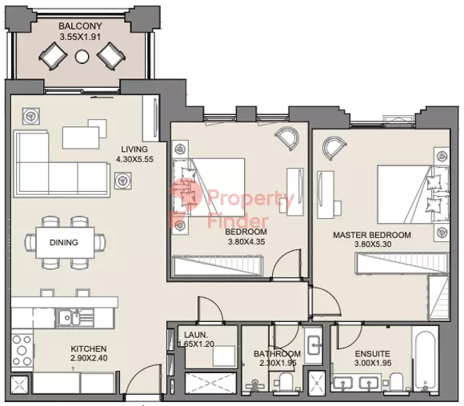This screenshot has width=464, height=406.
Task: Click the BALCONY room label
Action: [x=80, y=26]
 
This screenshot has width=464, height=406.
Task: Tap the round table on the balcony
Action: [x=82, y=57]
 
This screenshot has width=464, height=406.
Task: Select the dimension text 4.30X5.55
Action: [x=134, y=159]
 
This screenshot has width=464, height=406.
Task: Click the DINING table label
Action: [x=64, y=242]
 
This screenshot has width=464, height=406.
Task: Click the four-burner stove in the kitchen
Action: [x=22, y=351]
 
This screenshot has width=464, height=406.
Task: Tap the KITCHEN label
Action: [x=89, y=349]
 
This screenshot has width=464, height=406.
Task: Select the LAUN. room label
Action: [x=196, y=335]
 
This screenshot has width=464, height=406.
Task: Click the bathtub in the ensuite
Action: [x=426, y=360]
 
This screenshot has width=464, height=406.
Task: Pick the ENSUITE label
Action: [x=373, y=354]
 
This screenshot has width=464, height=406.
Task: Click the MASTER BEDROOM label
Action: [x=372, y=235]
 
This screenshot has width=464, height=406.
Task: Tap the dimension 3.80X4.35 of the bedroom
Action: [x=246, y=242]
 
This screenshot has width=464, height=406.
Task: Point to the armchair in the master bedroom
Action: [x=334, y=148]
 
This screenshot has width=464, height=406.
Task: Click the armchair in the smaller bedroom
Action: [x=286, y=138]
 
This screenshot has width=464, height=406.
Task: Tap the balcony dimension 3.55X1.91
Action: [x=80, y=37]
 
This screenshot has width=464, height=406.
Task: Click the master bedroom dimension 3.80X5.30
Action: [x=373, y=245]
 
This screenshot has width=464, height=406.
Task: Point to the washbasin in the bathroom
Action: [x=314, y=344]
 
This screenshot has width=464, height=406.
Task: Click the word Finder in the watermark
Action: [x=238, y=221]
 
